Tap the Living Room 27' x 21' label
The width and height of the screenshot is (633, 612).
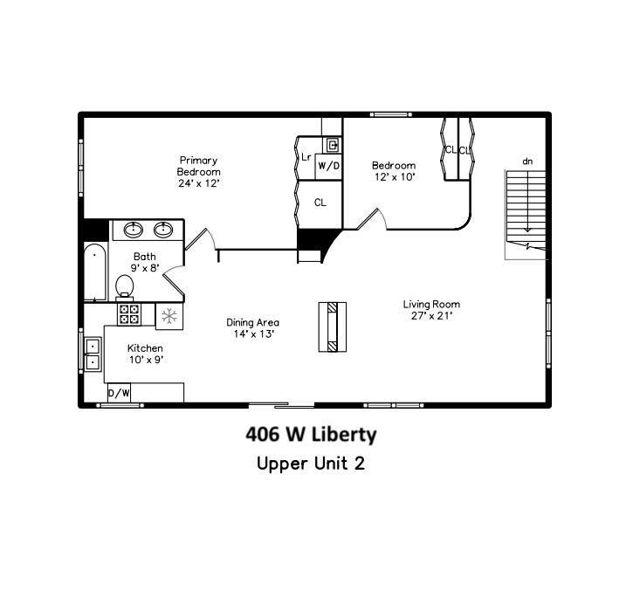pos(430,310)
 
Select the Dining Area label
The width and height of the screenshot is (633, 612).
pos(253,327)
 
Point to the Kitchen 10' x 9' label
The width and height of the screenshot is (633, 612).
pos(145,354)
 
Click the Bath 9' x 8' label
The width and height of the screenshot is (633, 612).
pos(144,262)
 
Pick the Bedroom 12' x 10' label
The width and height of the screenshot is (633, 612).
pos(393,170)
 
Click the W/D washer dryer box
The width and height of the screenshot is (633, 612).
pos(328,165)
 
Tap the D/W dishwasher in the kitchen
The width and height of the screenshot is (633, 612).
pos(119,394)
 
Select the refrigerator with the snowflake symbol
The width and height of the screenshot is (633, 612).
pos(169,315)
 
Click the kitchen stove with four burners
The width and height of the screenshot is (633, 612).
pos(129,314)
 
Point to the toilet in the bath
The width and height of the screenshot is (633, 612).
pos(124,284)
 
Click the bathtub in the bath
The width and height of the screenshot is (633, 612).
pos(94,272)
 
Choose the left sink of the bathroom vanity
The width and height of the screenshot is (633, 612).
pos(134,230)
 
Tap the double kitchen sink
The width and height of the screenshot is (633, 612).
pos(93,353)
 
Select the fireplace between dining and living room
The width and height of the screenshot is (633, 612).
pos(332,327)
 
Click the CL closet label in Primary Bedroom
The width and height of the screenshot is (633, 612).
pos(320,203)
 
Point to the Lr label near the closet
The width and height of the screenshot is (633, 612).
pos(306,157)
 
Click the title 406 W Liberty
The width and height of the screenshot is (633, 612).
pos(311,434)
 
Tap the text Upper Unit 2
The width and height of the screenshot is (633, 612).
pos(310,463)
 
